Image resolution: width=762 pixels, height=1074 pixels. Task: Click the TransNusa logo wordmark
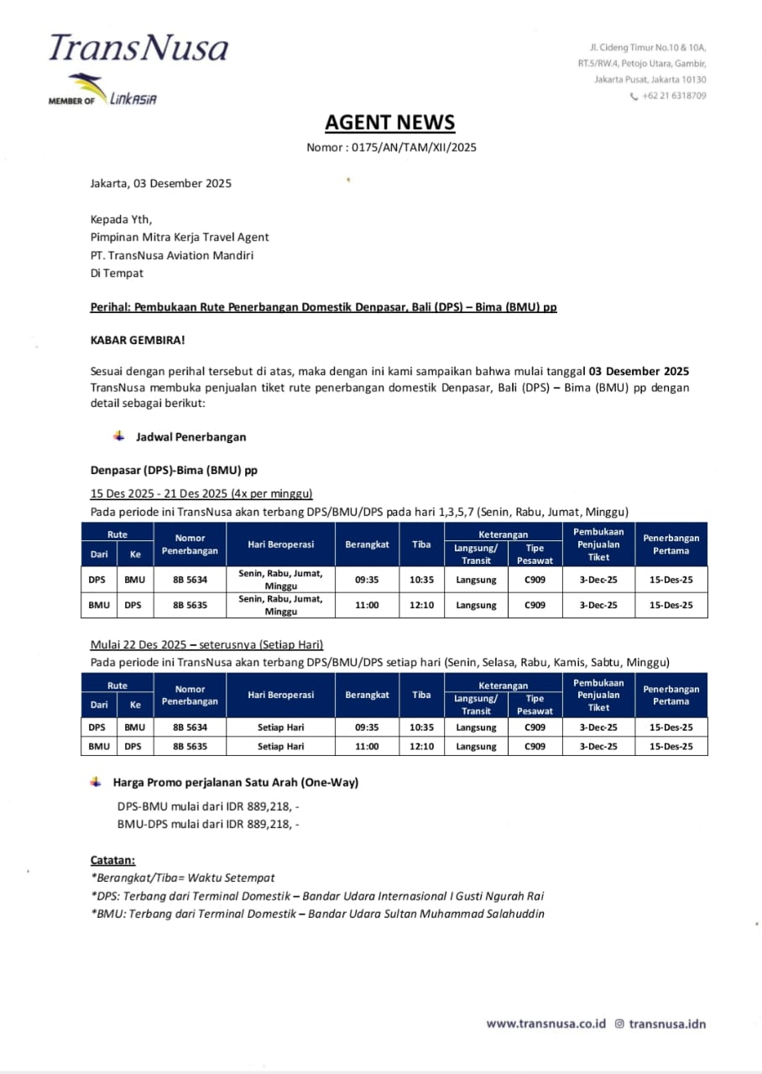138,48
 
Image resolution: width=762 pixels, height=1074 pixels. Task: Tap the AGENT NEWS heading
390,123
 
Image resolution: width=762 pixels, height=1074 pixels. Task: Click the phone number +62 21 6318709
674,96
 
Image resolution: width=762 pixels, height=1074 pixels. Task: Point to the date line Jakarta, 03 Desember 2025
160,183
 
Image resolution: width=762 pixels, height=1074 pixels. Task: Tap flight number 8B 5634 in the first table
190,580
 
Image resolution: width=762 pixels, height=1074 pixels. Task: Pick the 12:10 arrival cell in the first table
422,605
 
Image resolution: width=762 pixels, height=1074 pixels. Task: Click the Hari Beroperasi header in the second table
281,695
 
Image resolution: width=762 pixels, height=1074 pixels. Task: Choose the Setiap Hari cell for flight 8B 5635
281,746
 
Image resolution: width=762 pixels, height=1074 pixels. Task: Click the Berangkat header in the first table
367,545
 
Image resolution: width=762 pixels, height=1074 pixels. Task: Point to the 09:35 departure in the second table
367,727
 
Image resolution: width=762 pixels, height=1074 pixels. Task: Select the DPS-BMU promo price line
207,806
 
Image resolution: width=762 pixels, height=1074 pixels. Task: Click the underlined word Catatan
112,860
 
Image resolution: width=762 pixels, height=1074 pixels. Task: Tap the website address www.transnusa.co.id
546,1024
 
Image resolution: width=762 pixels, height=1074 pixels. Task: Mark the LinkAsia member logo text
133,100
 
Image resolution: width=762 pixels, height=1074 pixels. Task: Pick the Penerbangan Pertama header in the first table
671,545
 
